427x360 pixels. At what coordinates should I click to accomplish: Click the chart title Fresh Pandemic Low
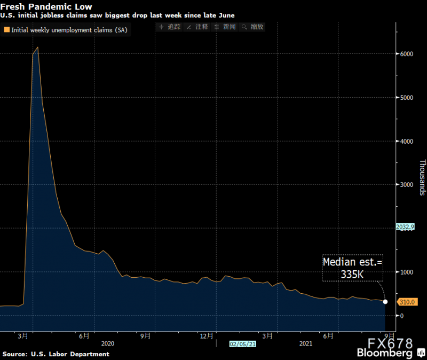tap(46, 6)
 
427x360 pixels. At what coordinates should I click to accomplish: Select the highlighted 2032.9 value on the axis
tap(405, 227)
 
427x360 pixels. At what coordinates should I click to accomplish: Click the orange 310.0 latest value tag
tap(407, 302)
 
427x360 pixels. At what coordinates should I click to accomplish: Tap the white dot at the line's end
tap(385, 302)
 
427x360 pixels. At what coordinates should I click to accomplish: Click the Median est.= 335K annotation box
tap(352, 268)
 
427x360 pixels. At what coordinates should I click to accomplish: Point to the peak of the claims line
tap(37, 48)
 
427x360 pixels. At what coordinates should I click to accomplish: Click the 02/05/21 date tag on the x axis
tap(243, 345)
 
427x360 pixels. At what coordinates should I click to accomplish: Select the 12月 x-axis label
tap(208, 336)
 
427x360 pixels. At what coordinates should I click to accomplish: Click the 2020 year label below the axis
tap(107, 345)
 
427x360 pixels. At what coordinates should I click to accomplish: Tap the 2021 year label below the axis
tap(306, 345)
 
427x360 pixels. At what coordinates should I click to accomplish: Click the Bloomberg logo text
tap(385, 354)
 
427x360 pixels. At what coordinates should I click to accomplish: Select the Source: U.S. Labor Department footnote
tap(56, 354)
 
